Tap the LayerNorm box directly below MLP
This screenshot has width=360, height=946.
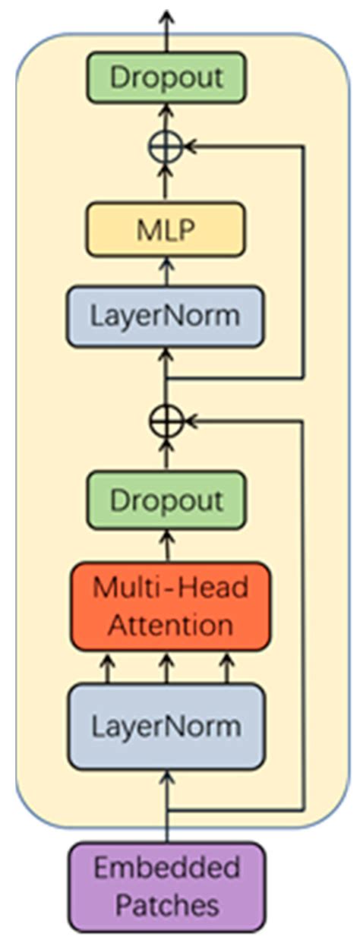166,316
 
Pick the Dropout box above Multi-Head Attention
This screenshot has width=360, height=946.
166,500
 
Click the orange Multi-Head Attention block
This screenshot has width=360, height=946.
169,606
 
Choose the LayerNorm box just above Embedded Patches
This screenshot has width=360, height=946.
166,727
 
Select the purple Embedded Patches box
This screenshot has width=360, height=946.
167,887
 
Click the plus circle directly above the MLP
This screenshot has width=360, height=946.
166,147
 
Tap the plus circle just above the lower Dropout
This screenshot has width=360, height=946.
166,419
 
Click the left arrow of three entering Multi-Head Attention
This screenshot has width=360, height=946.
108,669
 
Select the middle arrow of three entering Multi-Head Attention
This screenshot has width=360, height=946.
166,669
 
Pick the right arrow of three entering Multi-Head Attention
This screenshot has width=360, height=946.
226,669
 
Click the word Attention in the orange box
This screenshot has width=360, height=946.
169,625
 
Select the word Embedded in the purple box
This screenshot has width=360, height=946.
167,868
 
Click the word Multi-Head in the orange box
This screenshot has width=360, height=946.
169,587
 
